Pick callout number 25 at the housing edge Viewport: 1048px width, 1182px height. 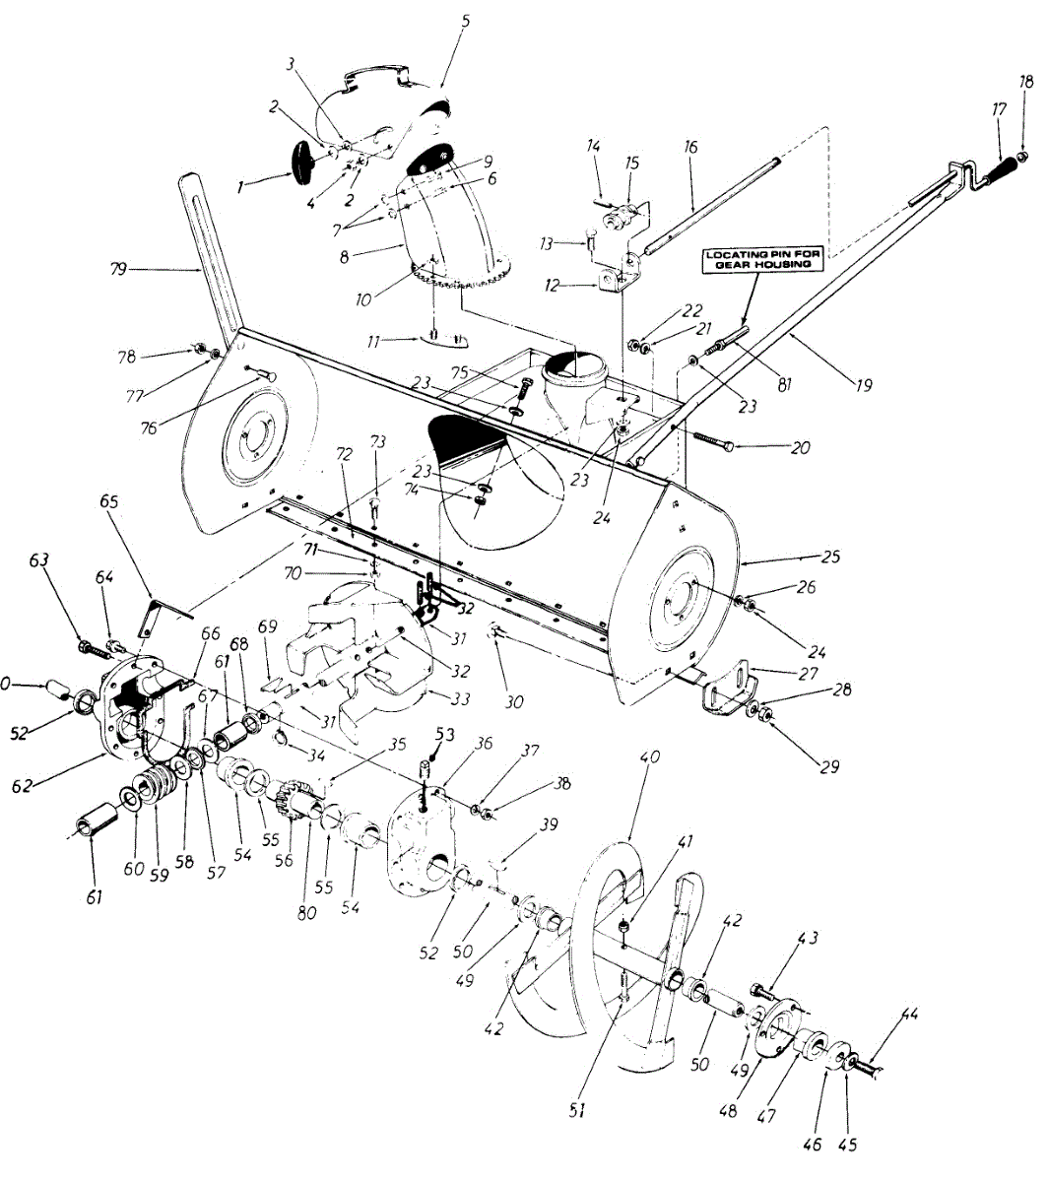(830, 557)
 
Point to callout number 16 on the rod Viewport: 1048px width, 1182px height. (689, 148)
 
